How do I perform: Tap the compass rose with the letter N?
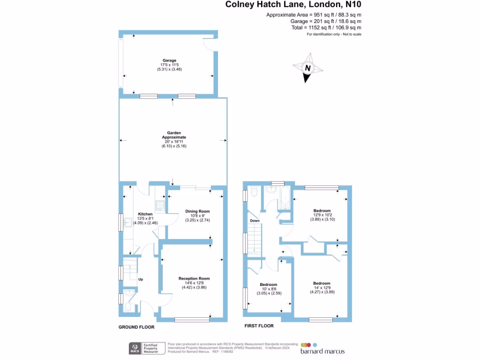point(308,68)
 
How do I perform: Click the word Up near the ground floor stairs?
point(140,279)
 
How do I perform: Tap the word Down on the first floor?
point(255,220)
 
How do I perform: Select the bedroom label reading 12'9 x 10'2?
point(322,215)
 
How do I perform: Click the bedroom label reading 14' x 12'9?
point(322,287)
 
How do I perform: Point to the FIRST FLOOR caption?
point(259,325)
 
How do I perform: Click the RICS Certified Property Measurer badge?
point(146,348)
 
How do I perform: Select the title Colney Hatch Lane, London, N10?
point(293,5)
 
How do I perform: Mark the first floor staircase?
point(255,239)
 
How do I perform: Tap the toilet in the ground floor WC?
point(129,307)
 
